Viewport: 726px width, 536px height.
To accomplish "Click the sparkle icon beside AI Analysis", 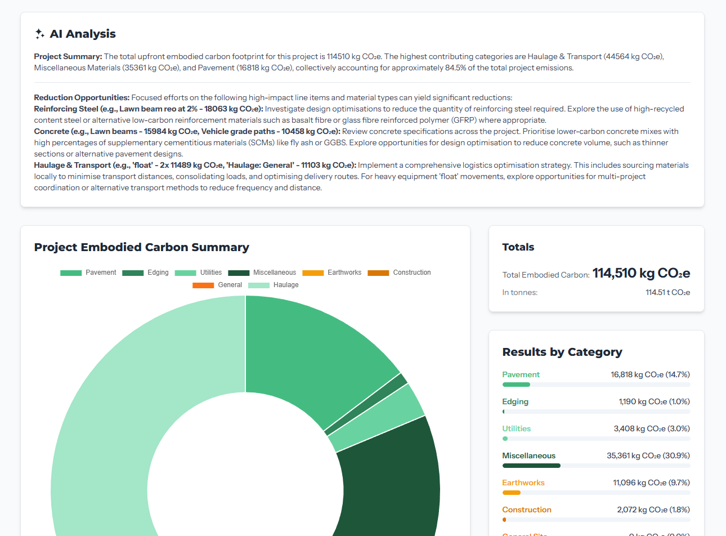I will [39, 34].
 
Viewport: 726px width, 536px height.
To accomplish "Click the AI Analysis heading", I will [82, 34].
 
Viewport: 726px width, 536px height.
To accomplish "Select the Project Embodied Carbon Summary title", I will [141, 247].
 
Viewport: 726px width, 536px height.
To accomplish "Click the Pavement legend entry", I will [88, 273].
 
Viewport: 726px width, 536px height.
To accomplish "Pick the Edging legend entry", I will [146, 273].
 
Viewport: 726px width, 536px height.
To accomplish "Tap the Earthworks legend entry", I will [332, 273].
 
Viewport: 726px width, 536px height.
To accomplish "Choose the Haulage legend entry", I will [274, 285].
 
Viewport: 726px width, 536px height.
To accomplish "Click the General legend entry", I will [217, 285].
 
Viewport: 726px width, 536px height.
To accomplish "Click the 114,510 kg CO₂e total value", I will [641, 273].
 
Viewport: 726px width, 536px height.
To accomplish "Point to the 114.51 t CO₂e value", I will [667, 293].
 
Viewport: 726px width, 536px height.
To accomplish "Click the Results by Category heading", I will [562, 352].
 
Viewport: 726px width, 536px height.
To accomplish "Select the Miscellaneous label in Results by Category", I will [528, 455].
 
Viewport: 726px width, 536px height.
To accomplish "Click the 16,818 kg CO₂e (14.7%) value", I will [650, 374].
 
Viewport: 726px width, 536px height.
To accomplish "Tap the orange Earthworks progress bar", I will [512, 493].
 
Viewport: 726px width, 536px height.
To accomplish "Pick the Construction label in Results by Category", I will [526, 510].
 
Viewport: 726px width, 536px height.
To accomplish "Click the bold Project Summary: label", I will [68, 56].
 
